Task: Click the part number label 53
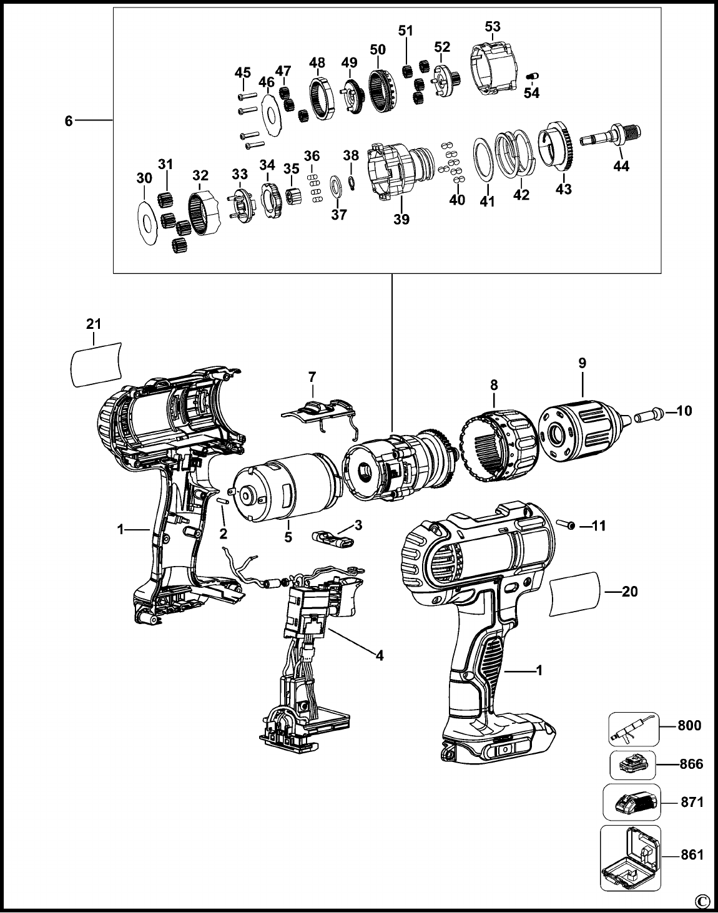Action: click(493, 26)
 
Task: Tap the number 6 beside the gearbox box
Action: click(69, 121)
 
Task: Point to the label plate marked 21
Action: click(96, 364)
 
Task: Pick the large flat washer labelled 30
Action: click(147, 223)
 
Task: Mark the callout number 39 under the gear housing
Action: click(401, 219)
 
